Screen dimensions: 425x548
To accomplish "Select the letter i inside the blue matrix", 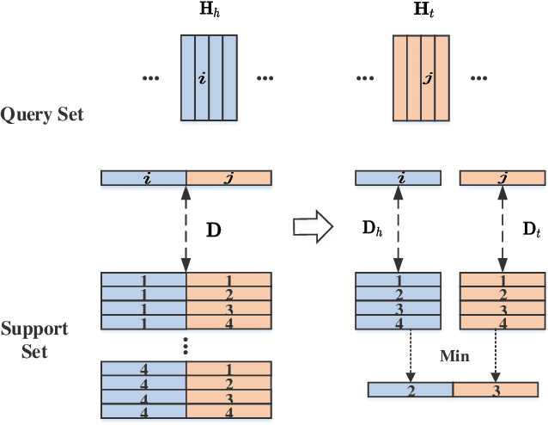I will pyautogui.click(x=202, y=78).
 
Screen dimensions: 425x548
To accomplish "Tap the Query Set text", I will pyautogui.click(x=43, y=114).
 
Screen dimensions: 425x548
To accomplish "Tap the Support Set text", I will pyautogui.click(x=34, y=341).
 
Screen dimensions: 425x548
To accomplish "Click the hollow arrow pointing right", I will pyautogui.click(x=311, y=225).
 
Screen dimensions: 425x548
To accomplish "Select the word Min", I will pyautogui.click(x=454, y=355).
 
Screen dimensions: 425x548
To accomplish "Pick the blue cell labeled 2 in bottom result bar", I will pyautogui.click(x=411, y=390).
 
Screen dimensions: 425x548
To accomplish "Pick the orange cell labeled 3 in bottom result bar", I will pyautogui.click(x=496, y=390).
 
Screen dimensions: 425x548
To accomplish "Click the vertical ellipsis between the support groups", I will pyautogui.click(x=186, y=347).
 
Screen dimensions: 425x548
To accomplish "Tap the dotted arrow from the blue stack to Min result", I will pyautogui.click(x=411, y=357).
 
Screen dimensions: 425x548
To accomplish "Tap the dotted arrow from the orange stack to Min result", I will pyautogui.click(x=496, y=357).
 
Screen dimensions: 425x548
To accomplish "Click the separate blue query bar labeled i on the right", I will pyautogui.click(x=399, y=178).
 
